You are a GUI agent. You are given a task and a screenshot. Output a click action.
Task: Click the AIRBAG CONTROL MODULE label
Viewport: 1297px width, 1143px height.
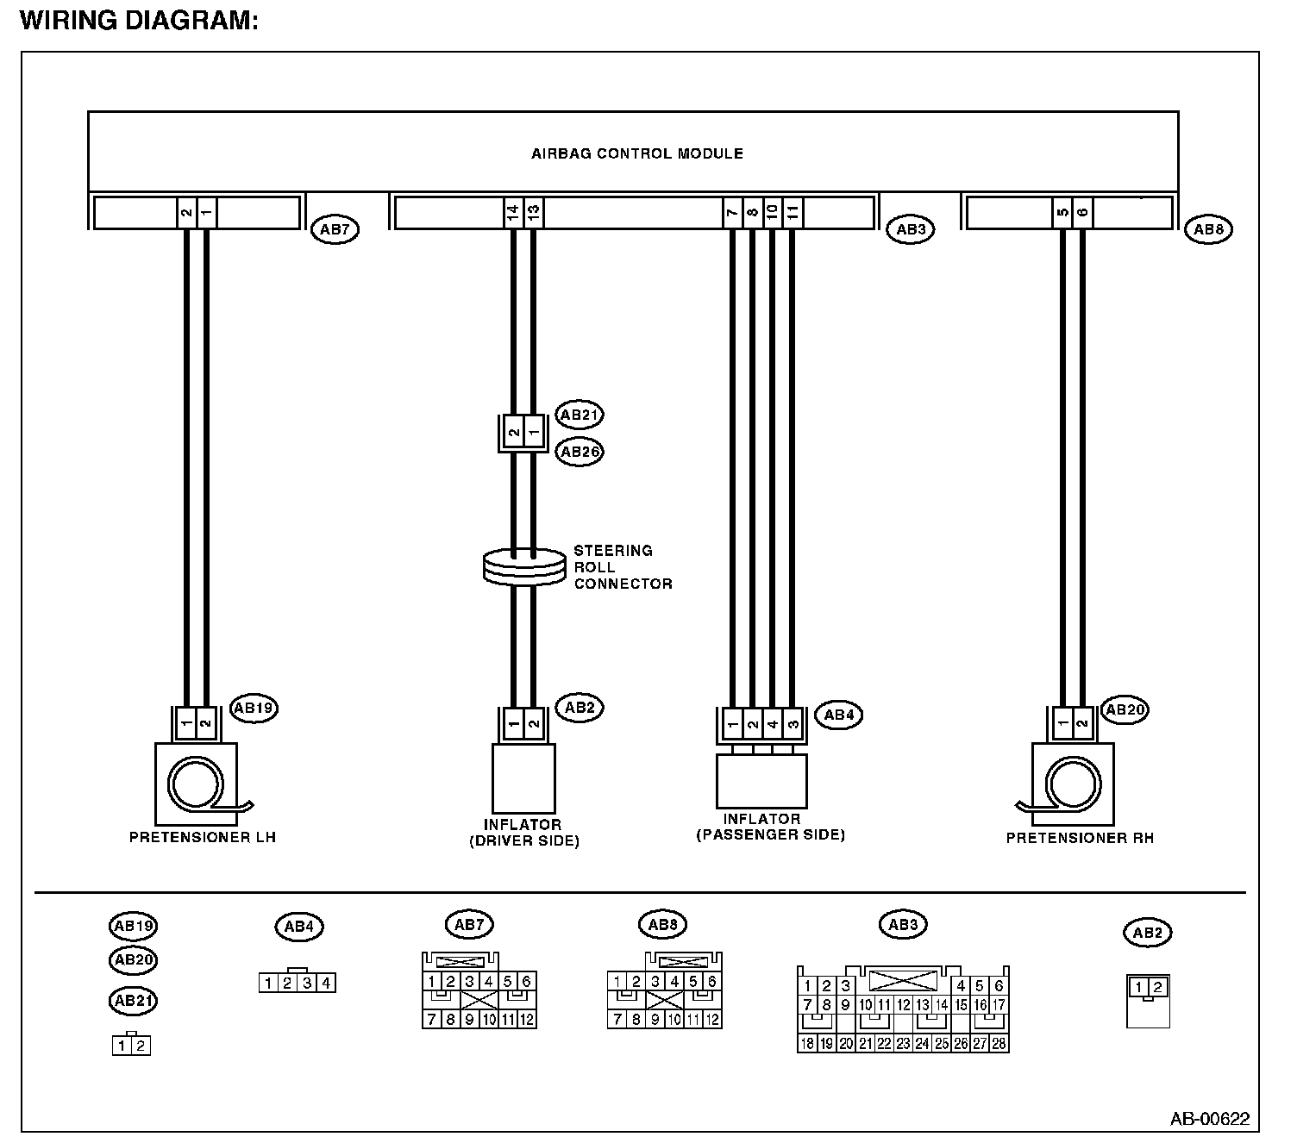636,154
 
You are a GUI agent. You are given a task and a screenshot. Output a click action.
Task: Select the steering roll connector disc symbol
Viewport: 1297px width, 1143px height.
523,566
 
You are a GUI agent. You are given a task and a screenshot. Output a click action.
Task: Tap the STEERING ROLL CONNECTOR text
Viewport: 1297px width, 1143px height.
623,567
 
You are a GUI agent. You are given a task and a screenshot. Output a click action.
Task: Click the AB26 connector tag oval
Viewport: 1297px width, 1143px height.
579,452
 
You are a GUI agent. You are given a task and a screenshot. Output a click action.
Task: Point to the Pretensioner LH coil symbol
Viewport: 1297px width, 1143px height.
196,784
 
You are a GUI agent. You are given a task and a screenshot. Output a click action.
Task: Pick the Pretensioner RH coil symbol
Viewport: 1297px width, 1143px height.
1072,784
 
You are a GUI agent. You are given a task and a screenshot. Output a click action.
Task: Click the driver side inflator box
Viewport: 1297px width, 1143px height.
523,778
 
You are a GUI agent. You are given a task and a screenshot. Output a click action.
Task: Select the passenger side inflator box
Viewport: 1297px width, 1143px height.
761,781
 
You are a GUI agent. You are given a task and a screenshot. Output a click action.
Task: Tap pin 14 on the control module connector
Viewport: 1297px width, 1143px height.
513,211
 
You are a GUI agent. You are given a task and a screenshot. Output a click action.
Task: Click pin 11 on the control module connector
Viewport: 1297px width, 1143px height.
793,211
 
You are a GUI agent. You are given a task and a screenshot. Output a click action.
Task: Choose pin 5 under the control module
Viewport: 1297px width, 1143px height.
1062,211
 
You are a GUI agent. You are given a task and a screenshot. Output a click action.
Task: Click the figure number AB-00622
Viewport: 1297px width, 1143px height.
1209,1119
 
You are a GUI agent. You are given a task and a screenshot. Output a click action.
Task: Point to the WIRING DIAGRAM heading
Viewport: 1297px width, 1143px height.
139,21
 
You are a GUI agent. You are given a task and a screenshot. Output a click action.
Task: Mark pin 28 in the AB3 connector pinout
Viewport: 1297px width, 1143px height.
999,1043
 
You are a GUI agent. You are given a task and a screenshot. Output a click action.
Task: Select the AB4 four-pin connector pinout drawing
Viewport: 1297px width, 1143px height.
298,982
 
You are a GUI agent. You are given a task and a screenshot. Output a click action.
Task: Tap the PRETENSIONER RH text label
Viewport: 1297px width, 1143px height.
1080,838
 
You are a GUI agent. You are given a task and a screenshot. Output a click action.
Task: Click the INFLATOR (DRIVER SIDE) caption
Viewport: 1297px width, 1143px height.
523,833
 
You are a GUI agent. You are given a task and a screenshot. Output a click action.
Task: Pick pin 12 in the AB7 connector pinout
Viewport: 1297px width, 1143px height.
526,1020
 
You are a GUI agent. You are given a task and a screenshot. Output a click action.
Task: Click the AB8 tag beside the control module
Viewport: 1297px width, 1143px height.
1208,229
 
